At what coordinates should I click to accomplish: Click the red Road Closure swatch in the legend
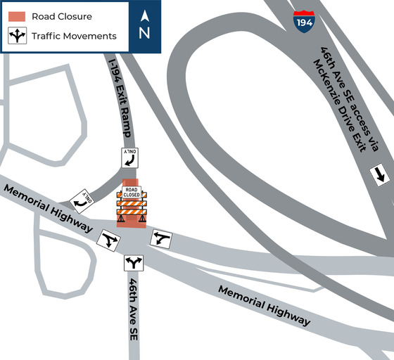click(x=17, y=15)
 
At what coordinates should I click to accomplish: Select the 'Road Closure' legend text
click(x=62, y=16)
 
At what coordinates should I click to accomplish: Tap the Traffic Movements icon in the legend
click(x=17, y=35)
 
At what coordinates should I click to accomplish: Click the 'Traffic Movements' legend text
click(x=74, y=35)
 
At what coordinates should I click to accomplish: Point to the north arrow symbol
click(x=145, y=15)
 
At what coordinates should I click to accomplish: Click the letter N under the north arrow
click(x=145, y=32)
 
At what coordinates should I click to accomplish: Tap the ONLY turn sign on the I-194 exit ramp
click(x=130, y=157)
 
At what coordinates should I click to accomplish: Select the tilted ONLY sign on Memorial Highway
click(x=80, y=201)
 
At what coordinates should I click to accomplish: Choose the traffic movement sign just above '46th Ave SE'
click(x=134, y=264)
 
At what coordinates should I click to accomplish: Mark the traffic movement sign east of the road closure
click(x=162, y=238)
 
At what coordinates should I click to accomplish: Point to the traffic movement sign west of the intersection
click(x=107, y=240)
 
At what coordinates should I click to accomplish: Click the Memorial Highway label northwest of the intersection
click(x=47, y=207)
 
